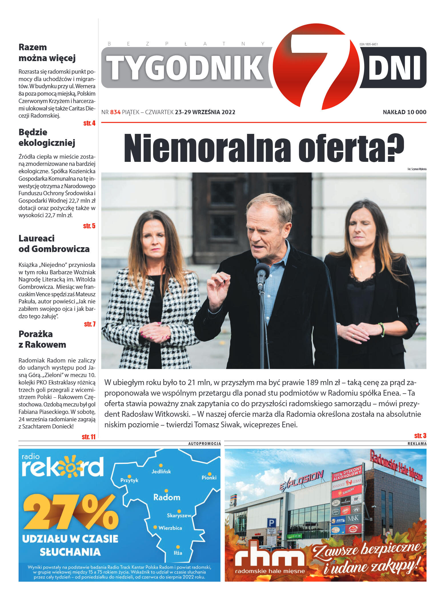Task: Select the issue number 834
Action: (115, 112)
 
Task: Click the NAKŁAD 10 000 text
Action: (404, 112)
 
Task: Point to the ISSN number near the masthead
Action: (368, 44)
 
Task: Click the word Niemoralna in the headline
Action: (207, 148)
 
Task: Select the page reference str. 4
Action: (89, 123)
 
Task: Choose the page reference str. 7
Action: (90, 324)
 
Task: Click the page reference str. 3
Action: (420, 436)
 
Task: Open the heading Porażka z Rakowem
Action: (42, 339)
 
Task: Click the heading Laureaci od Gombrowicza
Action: (54, 243)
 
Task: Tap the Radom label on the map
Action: (167, 497)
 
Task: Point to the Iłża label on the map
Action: (178, 553)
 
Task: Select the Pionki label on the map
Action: (209, 478)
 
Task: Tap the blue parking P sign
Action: (271, 523)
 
